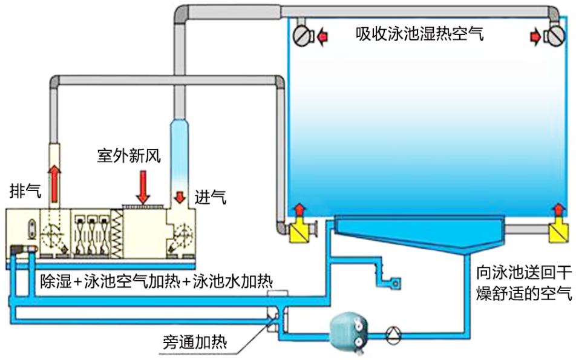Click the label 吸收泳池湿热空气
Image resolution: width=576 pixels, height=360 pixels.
[419, 34]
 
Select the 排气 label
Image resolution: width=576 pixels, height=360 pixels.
[25, 190]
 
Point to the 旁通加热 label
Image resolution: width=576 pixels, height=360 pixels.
[195, 342]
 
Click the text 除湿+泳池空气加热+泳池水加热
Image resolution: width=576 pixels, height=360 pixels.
[156, 281]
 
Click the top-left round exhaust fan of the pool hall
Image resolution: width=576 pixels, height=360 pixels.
[301, 37]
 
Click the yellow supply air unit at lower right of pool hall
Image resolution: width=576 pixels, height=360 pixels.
[557, 231]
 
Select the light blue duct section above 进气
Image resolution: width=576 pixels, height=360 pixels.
[179, 151]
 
